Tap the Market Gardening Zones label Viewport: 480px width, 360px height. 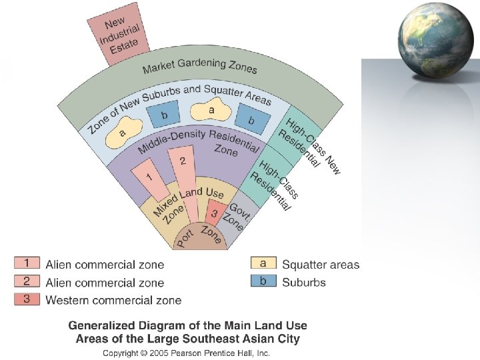tap(199, 67)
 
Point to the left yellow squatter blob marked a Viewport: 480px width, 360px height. tap(123, 129)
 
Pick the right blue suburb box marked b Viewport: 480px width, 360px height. tap(252, 121)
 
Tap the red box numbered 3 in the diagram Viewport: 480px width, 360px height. tap(214, 214)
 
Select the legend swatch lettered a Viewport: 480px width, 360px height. tap(263, 264)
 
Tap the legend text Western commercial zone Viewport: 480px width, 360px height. tap(113, 300)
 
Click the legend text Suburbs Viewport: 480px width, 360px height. tap(304, 282)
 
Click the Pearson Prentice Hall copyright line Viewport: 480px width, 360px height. tap(186, 352)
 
